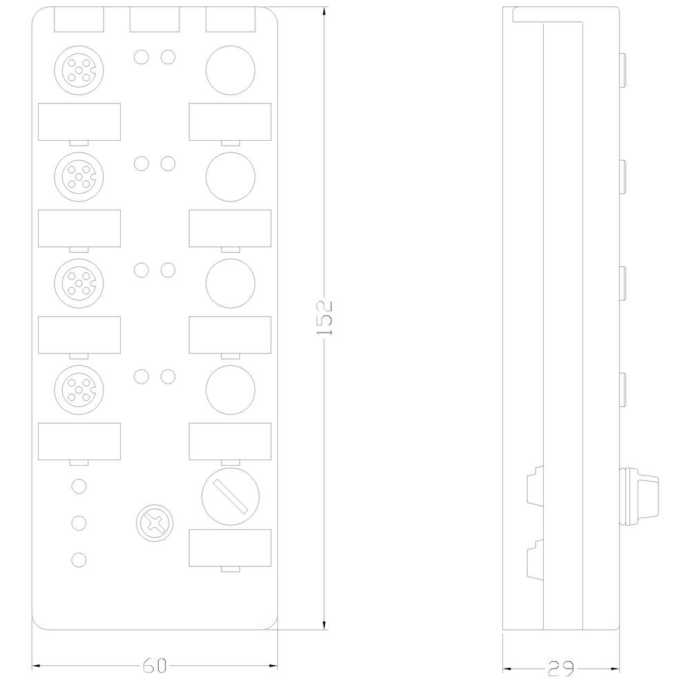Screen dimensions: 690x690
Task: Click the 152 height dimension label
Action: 325,318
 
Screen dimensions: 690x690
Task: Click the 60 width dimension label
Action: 155,666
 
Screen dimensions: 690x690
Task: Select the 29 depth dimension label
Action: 561,667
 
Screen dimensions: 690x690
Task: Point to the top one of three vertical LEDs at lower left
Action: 79,486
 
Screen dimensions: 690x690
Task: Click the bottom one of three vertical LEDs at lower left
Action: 79,558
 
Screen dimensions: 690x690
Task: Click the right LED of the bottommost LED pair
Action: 167,377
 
